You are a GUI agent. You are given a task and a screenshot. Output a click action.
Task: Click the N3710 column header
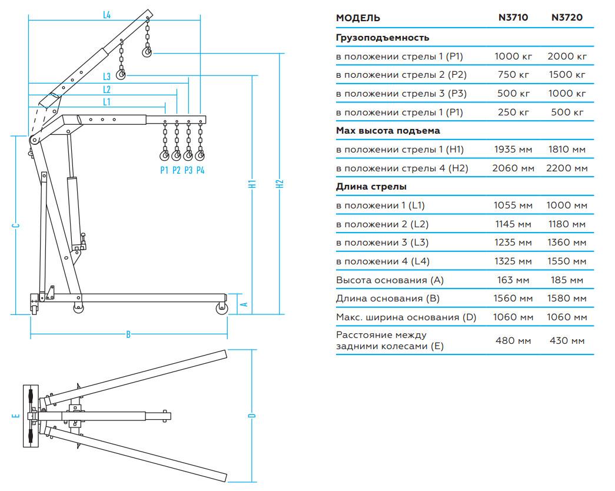[x=513, y=18]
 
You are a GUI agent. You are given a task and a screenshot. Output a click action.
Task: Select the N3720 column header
[x=567, y=18]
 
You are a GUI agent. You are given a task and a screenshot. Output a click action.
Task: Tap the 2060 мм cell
[x=513, y=168]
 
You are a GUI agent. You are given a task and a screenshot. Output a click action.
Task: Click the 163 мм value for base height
[x=513, y=280]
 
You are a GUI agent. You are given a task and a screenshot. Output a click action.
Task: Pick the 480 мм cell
[x=513, y=340]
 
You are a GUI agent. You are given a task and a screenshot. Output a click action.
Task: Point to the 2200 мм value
[x=567, y=168]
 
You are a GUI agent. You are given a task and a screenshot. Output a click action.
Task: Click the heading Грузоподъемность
[x=383, y=38]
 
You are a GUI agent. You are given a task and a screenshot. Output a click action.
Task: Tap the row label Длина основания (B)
[x=388, y=298]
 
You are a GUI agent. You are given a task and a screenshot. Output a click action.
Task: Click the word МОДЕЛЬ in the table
[x=358, y=18]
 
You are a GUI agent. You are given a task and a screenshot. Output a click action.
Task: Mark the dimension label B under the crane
[x=128, y=335]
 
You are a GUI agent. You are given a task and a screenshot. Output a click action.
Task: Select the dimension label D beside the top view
[x=252, y=416]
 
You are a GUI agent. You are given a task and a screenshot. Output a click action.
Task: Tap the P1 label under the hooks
[x=164, y=170]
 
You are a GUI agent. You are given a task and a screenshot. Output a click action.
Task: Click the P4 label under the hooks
[x=201, y=170]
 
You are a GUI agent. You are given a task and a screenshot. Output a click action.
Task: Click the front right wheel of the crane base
[x=222, y=308]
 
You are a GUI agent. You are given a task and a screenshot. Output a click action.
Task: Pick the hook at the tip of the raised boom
[x=147, y=53]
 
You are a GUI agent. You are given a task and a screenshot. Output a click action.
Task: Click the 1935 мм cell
[x=513, y=150]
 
